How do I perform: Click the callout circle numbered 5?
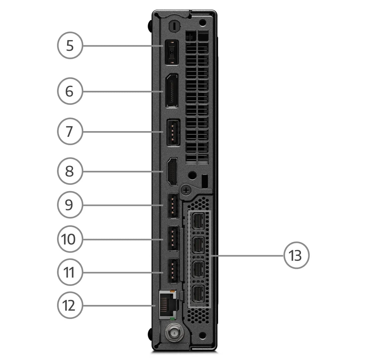pyautogui.click(x=70, y=45)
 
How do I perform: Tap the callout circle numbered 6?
pyautogui.click(x=70, y=91)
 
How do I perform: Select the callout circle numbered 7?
pyautogui.click(x=70, y=131)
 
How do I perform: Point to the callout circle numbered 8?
pyautogui.click(x=70, y=171)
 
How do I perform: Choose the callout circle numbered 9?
pyautogui.click(x=70, y=205)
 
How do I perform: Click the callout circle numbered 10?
pyautogui.click(x=70, y=239)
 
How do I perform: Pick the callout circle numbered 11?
pyautogui.click(x=70, y=272)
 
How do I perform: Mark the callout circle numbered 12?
pyautogui.click(x=70, y=306)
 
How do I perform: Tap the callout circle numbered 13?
pyautogui.click(x=296, y=255)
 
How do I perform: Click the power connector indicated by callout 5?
pyautogui.click(x=171, y=52)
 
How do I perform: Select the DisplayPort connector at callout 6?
pyautogui.click(x=171, y=91)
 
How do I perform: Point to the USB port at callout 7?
pyautogui.click(x=173, y=132)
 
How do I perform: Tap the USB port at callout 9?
pyautogui.click(x=173, y=206)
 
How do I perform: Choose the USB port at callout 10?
pyautogui.click(x=173, y=239)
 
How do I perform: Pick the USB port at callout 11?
pyautogui.click(x=173, y=272)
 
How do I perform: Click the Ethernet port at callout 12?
pyautogui.click(x=168, y=305)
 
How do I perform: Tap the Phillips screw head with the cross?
pyautogui.click(x=186, y=191)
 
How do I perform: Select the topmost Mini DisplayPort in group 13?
pyautogui.click(x=198, y=221)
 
